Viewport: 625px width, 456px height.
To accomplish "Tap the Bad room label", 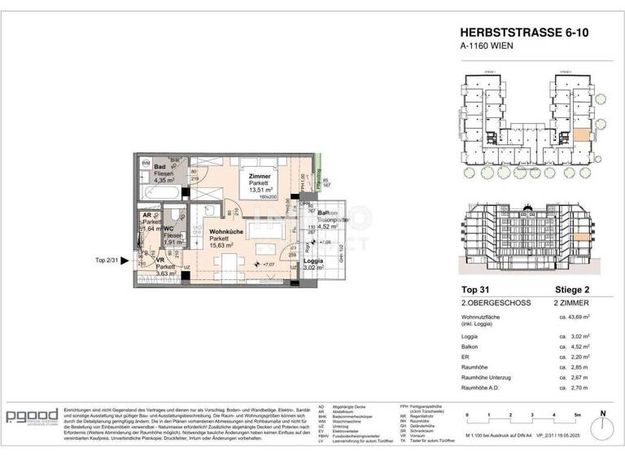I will point(160,166).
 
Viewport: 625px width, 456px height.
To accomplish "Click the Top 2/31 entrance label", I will point(107,261).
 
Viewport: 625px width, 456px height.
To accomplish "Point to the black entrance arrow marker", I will point(125,261).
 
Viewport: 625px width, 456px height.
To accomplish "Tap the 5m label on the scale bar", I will point(575,414).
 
